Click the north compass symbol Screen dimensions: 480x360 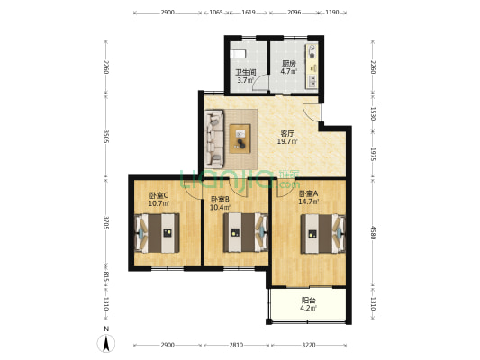106,343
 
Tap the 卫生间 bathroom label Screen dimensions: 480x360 246,73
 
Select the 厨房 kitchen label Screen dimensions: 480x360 289,64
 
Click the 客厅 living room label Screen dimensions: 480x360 287,134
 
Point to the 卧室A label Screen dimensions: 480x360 309,193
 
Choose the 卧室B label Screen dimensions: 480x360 220,200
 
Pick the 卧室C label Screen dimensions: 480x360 158,195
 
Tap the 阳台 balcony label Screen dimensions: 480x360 309,301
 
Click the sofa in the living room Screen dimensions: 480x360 214,139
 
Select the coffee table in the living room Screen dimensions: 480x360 240,139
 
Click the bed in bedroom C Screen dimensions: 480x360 157,233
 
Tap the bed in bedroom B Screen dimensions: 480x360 246,233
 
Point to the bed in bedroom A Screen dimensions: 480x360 323,234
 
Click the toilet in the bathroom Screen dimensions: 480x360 238,54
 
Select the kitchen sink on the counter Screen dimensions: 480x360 312,81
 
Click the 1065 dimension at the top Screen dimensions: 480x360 216,13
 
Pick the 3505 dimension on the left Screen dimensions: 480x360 106,137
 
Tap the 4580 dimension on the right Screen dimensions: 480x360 373,233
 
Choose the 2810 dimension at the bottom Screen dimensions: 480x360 236,345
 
